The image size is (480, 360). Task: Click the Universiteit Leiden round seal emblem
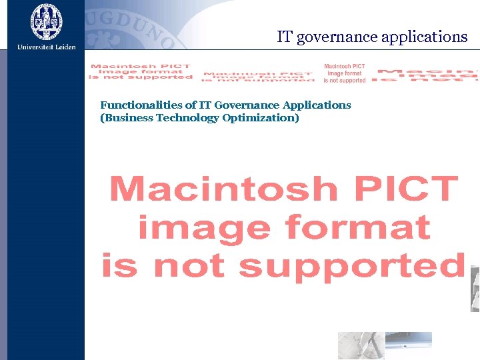46,21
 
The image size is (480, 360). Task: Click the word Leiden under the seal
62,47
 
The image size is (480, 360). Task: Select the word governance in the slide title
337,38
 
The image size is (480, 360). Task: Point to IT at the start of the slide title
285,37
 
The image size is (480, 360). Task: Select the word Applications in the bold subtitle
317,105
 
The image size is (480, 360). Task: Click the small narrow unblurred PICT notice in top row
345,73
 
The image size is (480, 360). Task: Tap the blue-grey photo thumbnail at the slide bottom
385,345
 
